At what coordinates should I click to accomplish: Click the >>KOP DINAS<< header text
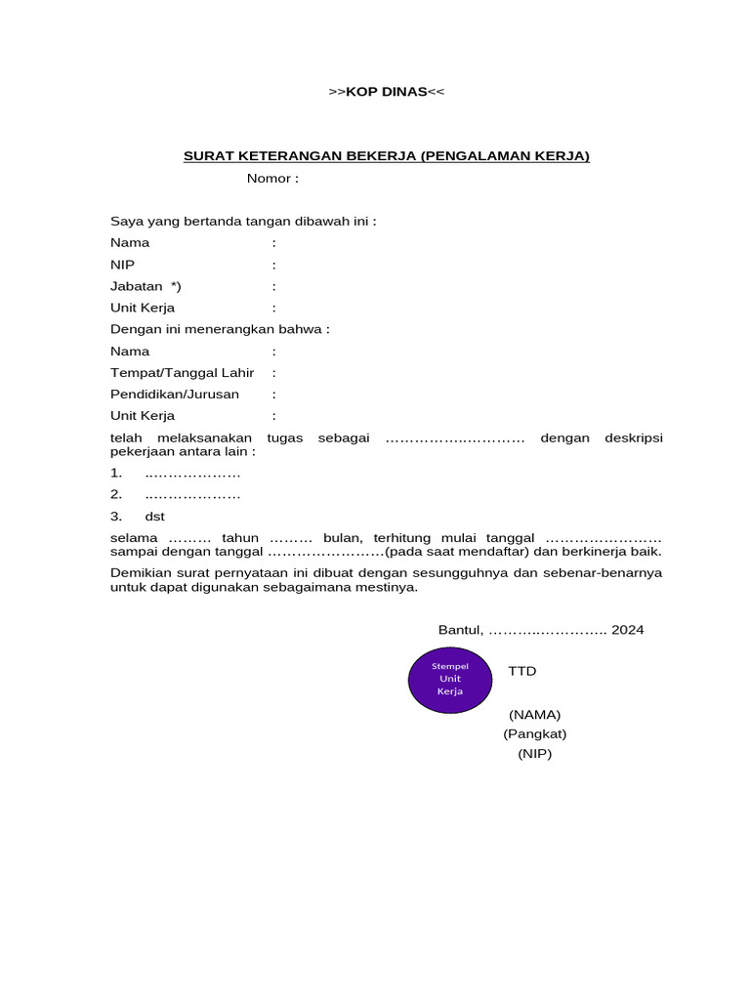point(387,92)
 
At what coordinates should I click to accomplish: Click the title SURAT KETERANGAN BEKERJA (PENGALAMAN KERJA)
point(387,156)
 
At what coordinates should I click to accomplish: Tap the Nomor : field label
point(272,179)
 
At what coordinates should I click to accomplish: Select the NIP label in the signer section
point(123,265)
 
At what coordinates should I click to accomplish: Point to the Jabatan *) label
point(146,286)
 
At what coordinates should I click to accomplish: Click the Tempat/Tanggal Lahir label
point(182,372)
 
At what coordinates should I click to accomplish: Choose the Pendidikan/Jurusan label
point(174,394)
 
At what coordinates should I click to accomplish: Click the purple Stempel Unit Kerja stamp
point(450,679)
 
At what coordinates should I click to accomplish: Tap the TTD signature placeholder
point(522,671)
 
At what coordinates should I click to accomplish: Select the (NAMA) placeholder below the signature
point(534,714)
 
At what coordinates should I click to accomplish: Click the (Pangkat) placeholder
point(535,733)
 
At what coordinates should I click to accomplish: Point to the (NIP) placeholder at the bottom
point(535,754)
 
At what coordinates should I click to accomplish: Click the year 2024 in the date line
point(628,630)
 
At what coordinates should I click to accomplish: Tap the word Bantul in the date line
point(459,630)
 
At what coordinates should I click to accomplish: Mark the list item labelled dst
point(154,516)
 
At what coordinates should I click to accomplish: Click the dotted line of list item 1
point(192,474)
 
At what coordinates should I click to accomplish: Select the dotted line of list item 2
point(192,495)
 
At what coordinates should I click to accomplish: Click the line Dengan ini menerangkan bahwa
point(220,329)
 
